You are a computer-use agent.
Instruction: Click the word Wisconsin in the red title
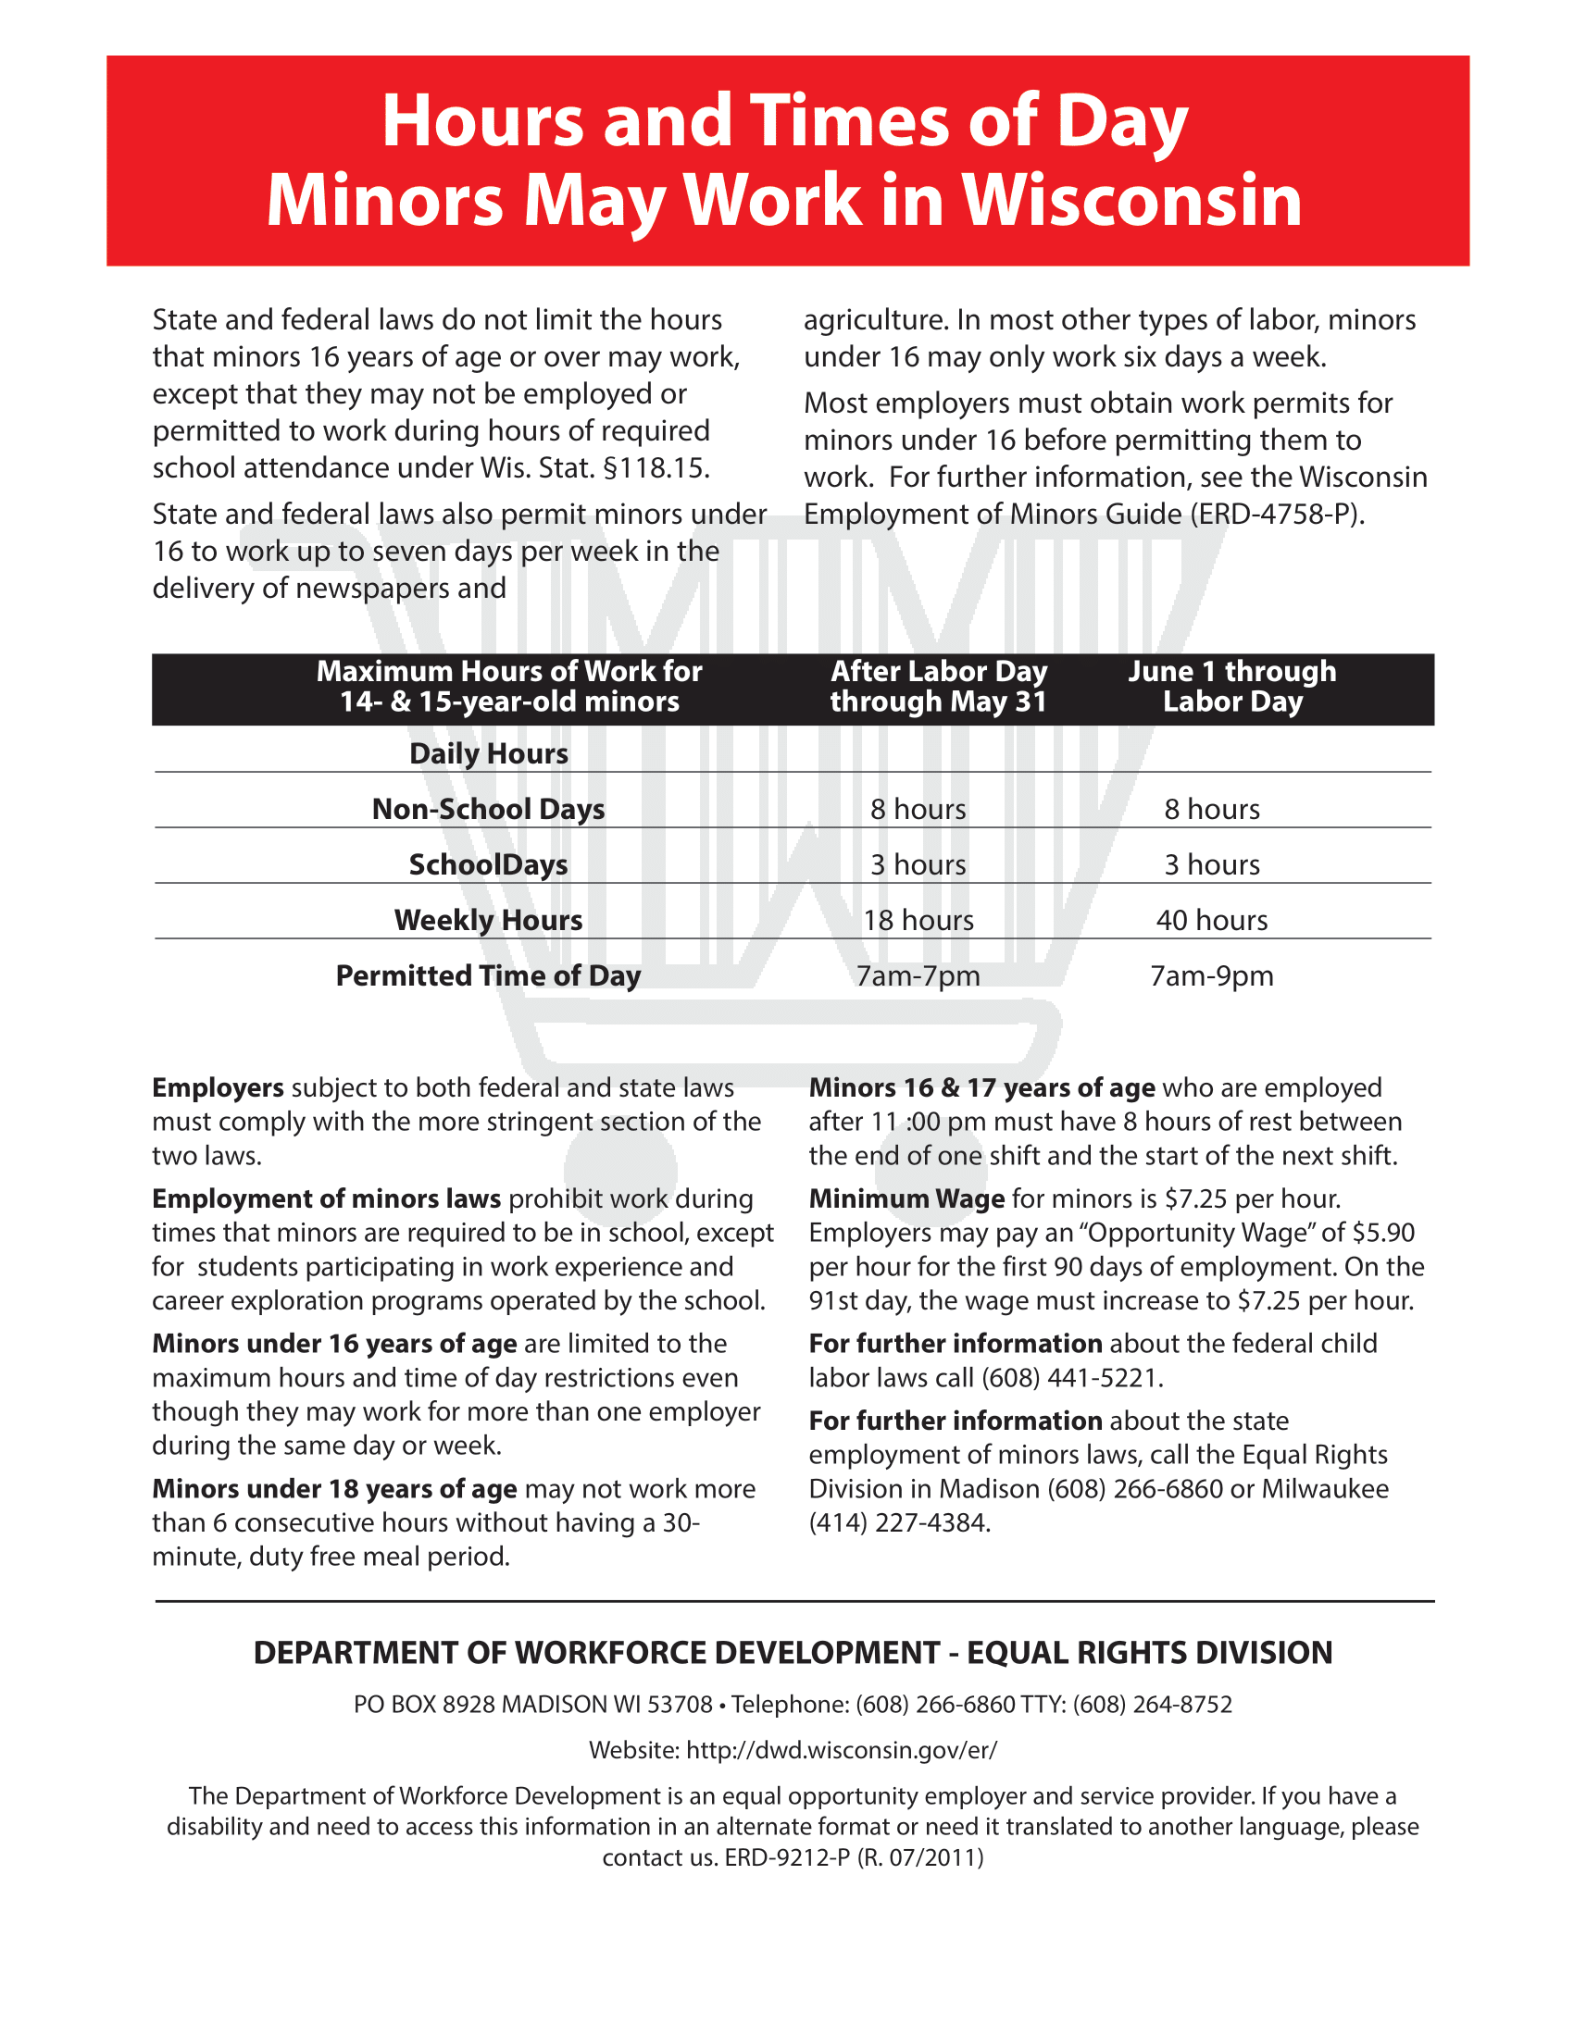[x=1131, y=200]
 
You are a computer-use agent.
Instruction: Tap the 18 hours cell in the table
[x=918, y=920]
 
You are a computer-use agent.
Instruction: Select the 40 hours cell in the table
[x=1211, y=920]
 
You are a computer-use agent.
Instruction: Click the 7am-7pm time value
[x=918, y=976]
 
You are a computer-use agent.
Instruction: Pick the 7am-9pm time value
[x=1211, y=976]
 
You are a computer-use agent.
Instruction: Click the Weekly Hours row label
[x=488, y=920]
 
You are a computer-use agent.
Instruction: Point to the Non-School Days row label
[x=488, y=809]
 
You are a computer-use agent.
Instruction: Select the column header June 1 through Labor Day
[x=1231, y=686]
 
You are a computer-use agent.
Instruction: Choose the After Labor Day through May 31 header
[x=938, y=686]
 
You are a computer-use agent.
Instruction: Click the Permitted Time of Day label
[x=488, y=976]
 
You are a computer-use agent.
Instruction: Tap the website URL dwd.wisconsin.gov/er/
[x=841, y=1750]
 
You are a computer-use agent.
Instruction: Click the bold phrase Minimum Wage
[x=906, y=1198]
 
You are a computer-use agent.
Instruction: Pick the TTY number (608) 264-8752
[x=1152, y=1704]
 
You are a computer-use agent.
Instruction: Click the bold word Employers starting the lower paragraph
[x=218, y=1088]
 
